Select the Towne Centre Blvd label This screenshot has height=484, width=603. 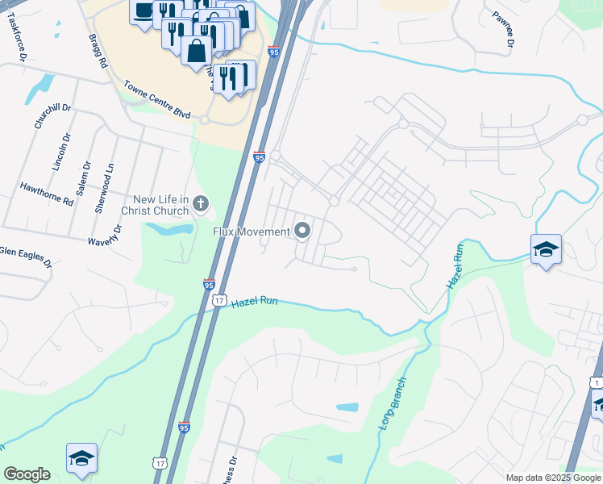click(x=157, y=100)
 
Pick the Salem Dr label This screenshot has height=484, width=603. click(x=81, y=177)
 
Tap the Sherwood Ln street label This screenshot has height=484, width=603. click(x=105, y=187)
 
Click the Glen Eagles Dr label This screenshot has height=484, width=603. click(x=26, y=257)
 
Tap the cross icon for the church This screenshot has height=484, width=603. click(x=201, y=206)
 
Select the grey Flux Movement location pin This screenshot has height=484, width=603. click(x=303, y=232)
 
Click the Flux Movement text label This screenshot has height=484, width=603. click(x=251, y=232)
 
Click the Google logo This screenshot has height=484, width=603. click(x=27, y=474)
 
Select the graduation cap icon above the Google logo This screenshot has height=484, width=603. click(x=81, y=458)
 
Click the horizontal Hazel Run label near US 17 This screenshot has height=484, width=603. click(x=255, y=302)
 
